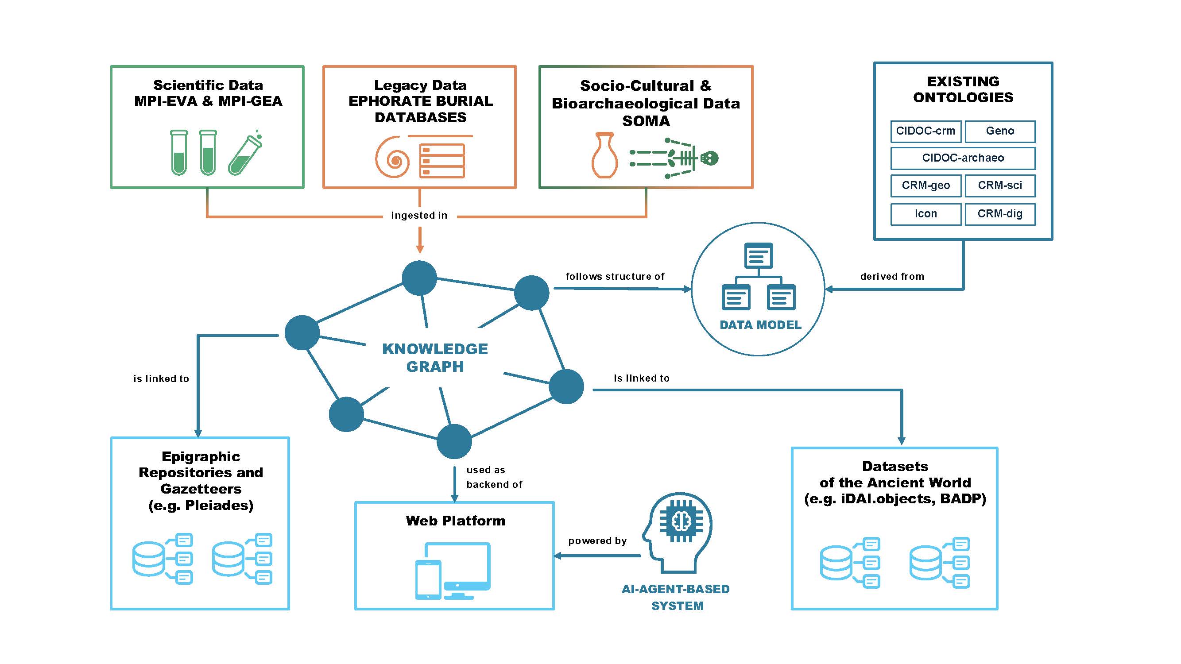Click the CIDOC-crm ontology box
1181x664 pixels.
[925, 131]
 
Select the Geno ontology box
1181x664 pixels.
[999, 131]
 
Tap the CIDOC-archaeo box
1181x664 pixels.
[962, 158]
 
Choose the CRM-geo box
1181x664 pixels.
[925, 185]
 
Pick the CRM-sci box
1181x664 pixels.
[999, 185]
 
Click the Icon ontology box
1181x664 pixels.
[925, 214]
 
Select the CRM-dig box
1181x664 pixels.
[999, 214]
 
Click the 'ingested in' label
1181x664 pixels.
[419, 216]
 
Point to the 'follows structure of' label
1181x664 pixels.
[614, 276]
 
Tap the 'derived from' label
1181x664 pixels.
[892, 276]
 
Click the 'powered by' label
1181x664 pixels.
[597, 541]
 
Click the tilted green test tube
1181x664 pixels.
[245, 156]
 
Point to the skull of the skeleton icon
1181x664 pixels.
[710, 158]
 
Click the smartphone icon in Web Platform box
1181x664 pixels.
[428, 580]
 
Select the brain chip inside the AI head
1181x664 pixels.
[681, 521]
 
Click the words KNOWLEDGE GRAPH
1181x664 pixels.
[434, 357]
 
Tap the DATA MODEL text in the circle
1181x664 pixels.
[760, 325]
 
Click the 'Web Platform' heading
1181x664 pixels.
[455, 521]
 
